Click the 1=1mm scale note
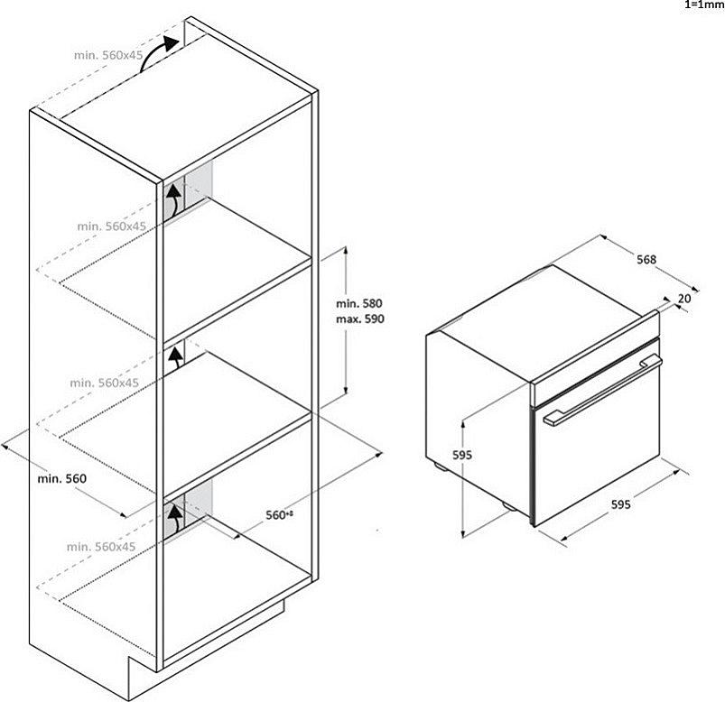click(704, 5)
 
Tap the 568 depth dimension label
click(646, 260)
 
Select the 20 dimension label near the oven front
click(684, 299)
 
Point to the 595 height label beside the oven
click(462, 455)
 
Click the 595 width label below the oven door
click(621, 504)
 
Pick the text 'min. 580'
click(359, 303)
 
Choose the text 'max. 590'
click(360, 319)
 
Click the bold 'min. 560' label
click(62, 478)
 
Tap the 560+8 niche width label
click(280, 515)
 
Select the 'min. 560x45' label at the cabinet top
click(108, 55)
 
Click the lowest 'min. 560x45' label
click(101, 547)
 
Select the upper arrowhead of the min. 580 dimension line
click(345, 251)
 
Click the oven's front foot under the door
click(508, 506)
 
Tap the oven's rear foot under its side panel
click(440, 466)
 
